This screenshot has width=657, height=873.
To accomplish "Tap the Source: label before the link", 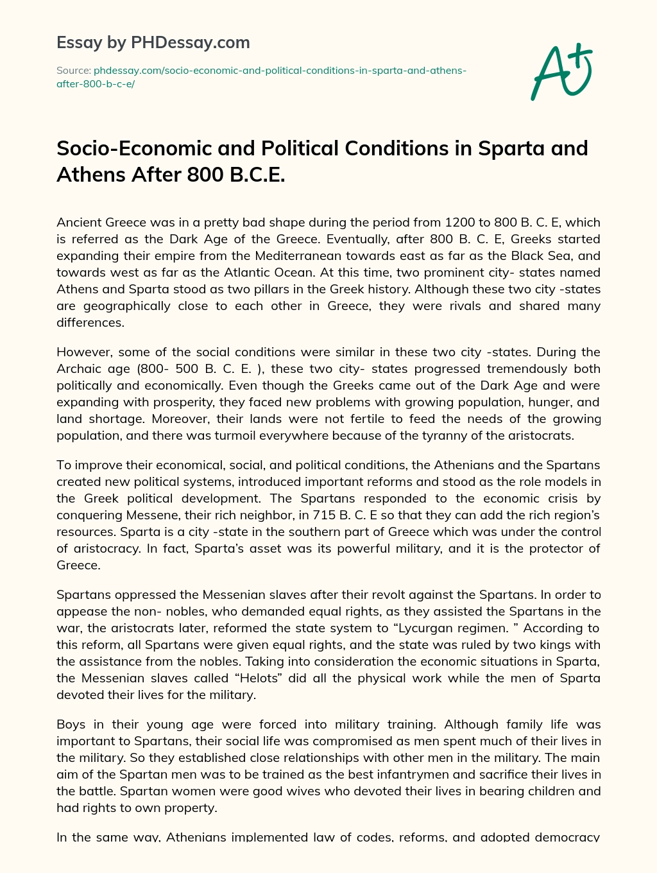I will coord(74,70).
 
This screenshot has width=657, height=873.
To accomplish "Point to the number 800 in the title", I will coord(207,174).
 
